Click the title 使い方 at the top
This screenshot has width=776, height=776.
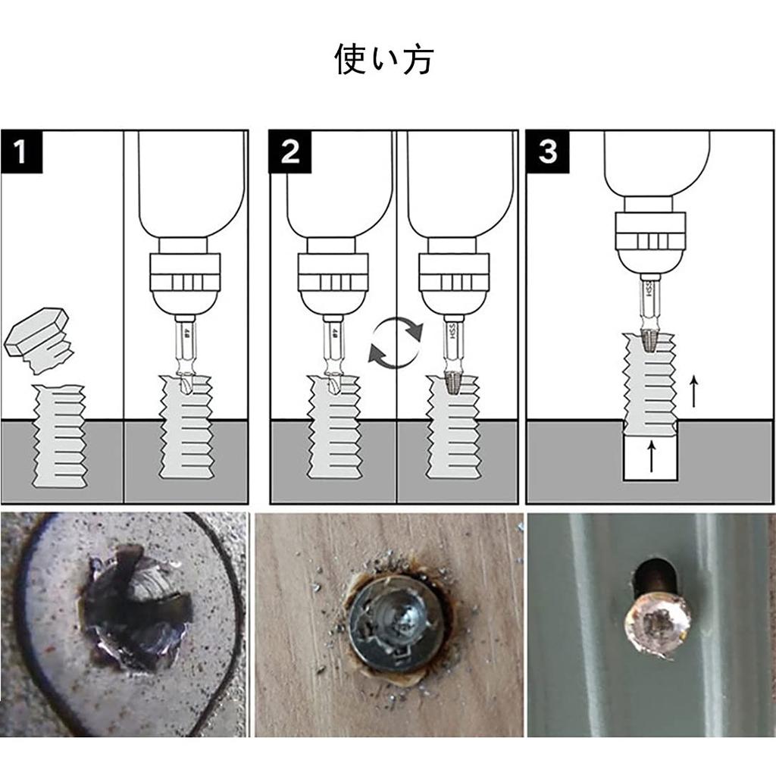tap(383, 60)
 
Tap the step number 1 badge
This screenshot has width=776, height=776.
tap(20, 152)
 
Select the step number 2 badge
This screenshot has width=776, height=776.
tap(289, 152)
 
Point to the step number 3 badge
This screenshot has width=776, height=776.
tap(547, 152)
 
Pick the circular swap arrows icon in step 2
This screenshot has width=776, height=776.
tap(395, 343)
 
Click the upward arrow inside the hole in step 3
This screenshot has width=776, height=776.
tap(650, 458)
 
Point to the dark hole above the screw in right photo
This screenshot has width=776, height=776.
tap(653, 576)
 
